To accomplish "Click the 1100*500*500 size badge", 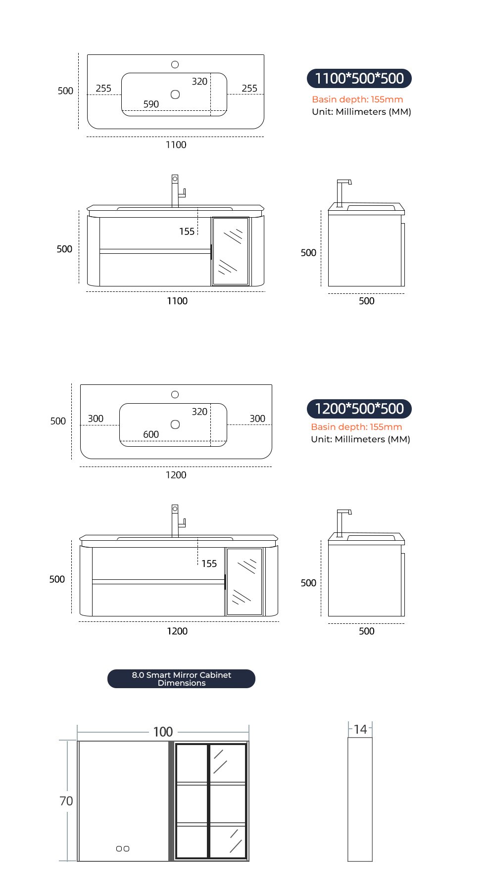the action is tap(359, 78).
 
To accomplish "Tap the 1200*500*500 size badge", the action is tap(359, 409).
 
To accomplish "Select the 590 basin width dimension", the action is tap(151, 104).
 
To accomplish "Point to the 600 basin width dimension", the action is tap(151, 434).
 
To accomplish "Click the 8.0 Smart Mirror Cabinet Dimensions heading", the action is tap(181, 679).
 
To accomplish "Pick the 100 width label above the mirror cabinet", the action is tap(163, 732).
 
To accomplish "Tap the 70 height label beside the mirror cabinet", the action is tap(66, 801).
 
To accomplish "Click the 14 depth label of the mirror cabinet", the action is tap(360, 729).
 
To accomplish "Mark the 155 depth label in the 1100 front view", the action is tap(187, 232).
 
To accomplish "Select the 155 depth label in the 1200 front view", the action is tap(209, 563).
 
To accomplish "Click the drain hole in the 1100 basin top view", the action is tap(175, 94).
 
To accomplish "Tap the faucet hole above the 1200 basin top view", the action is tap(175, 394).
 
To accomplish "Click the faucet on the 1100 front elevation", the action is tap(176, 190).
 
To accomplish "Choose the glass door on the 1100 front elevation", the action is tap(231, 251).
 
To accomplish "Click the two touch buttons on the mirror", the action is tap(123, 848).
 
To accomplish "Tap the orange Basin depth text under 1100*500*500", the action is tap(357, 99).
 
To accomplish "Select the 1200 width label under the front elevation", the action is tap(177, 631).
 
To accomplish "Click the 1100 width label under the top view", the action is tap(176, 144).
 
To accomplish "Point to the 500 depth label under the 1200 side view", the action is tap(366, 631).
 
